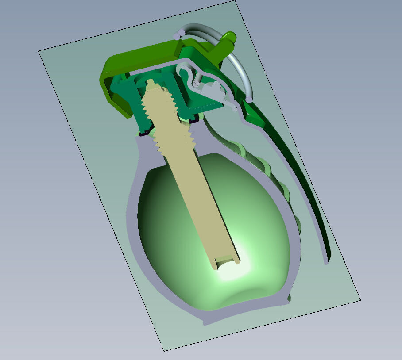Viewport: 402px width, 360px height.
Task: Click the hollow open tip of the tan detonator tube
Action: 226,261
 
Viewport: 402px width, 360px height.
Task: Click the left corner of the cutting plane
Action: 39,51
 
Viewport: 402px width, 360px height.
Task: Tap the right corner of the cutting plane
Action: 359,299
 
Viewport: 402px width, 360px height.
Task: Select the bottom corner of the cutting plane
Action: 165,351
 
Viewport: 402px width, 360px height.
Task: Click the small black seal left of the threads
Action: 144,132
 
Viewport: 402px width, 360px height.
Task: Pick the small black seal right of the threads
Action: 193,120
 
